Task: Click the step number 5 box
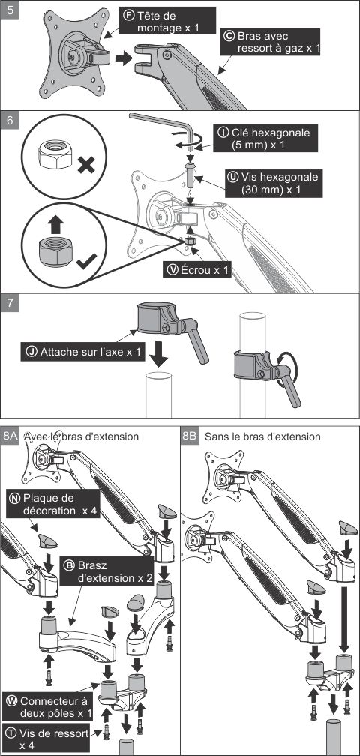[10, 11]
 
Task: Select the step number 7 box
[10, 304]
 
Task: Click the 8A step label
[10, 436]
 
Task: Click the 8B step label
[190, 436]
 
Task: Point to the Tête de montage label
[168, 22]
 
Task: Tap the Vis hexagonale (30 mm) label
[273, 183]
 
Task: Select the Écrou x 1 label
[197, 270]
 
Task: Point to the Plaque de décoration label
[52, 504]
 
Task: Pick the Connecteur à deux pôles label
[49, 706]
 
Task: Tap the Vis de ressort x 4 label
[46, 739]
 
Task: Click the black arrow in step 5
[124, 58]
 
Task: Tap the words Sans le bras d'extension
[262, 436]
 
